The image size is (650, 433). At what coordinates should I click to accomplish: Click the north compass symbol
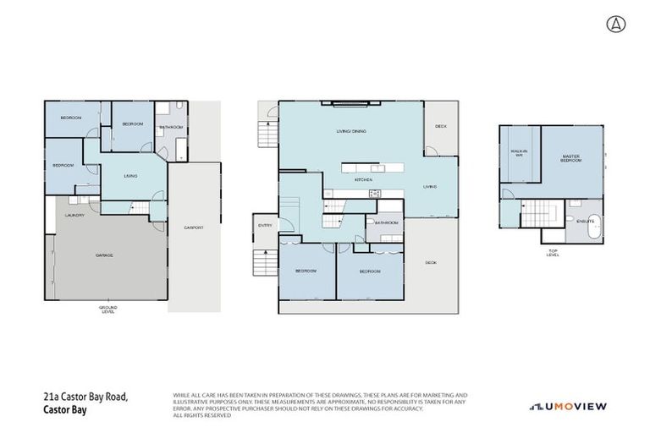(614, 24)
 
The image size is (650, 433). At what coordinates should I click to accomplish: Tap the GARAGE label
(105, 255)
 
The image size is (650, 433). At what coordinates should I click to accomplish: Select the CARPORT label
(194, 227)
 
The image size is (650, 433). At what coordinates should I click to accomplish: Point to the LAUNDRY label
(74, 216)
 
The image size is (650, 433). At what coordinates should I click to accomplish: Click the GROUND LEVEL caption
(107, 309)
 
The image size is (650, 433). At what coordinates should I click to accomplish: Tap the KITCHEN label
(363, 180)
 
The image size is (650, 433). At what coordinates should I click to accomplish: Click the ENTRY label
(265, 225)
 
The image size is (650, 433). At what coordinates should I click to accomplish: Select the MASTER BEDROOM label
(571, 158)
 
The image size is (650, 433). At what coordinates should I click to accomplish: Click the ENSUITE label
(585, 221)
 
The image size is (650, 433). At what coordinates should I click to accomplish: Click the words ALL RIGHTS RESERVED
(201, 415)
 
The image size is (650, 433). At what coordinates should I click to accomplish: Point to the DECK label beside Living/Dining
(440, 126)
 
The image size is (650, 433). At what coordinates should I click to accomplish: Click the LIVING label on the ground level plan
(131, 176)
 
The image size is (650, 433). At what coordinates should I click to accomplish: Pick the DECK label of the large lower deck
(430, 263)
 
